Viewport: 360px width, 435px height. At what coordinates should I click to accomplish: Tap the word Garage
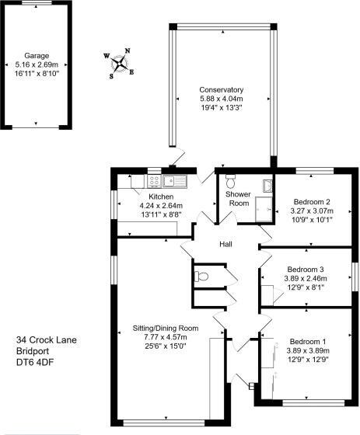pos(37,57)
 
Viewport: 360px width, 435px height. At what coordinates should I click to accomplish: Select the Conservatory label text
pos(221,89)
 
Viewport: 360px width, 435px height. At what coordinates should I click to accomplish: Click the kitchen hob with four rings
pos(154,182)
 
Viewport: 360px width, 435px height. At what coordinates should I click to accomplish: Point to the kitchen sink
pos(173,182)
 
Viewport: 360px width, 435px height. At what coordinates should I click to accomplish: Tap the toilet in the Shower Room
pos(229,180)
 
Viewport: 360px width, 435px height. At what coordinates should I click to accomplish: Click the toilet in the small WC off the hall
pos(201,275)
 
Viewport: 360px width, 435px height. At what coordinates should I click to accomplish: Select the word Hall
pos(225,245)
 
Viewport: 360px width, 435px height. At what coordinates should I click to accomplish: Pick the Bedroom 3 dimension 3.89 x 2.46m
pos(305,278)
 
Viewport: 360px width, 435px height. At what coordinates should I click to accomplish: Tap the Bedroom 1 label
pos(308,341)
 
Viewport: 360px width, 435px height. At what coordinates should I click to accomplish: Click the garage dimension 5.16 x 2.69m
pos(37,66)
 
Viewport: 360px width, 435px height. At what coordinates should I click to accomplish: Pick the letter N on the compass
pos(128,52)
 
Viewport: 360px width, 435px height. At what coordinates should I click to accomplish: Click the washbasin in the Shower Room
pos(267,186)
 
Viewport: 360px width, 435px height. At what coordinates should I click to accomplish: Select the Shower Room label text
pos(237,197)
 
